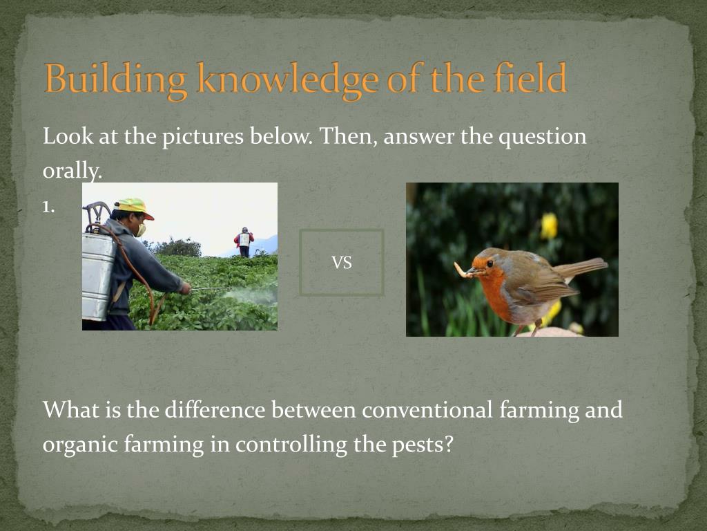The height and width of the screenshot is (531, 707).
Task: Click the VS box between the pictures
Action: click(x=342, y=262)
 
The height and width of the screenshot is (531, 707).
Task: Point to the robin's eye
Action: click(x=490, y=263)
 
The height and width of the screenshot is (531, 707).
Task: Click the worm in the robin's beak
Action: click(x=463, y=270)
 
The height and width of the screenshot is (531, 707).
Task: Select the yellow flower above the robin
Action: click(x=549, y=226)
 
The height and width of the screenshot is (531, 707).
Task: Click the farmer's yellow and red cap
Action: click(x=133, y=207)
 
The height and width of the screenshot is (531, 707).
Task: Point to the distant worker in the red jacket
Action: click(x=244, y=242)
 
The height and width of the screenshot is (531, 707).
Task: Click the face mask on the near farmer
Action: click(x=142, y=230)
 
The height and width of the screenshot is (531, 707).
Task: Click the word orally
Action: click(x=72, y=171)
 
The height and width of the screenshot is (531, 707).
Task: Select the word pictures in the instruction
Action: click(x=203, y=136)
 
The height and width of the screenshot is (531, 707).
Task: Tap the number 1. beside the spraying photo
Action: click(x=49, y=207)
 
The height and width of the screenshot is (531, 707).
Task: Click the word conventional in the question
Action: click(x=427, y=410)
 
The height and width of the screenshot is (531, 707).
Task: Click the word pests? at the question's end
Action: click(x=423, y=445)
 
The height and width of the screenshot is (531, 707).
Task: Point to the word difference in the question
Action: click(x=215, y=410)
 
